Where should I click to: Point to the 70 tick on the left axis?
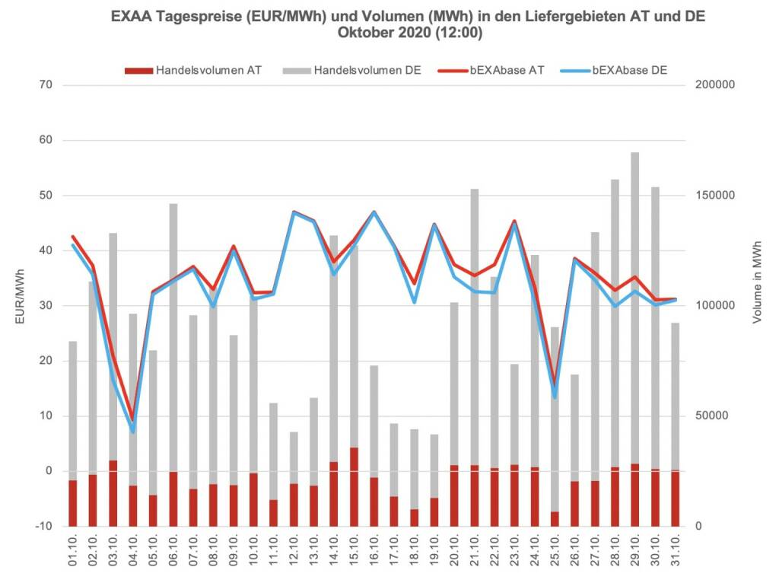tap(45, 85)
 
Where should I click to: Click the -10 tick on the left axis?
tap(43, 527)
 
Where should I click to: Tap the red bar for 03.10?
tap(113, 493)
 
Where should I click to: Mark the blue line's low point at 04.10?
tap(133, 432)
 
